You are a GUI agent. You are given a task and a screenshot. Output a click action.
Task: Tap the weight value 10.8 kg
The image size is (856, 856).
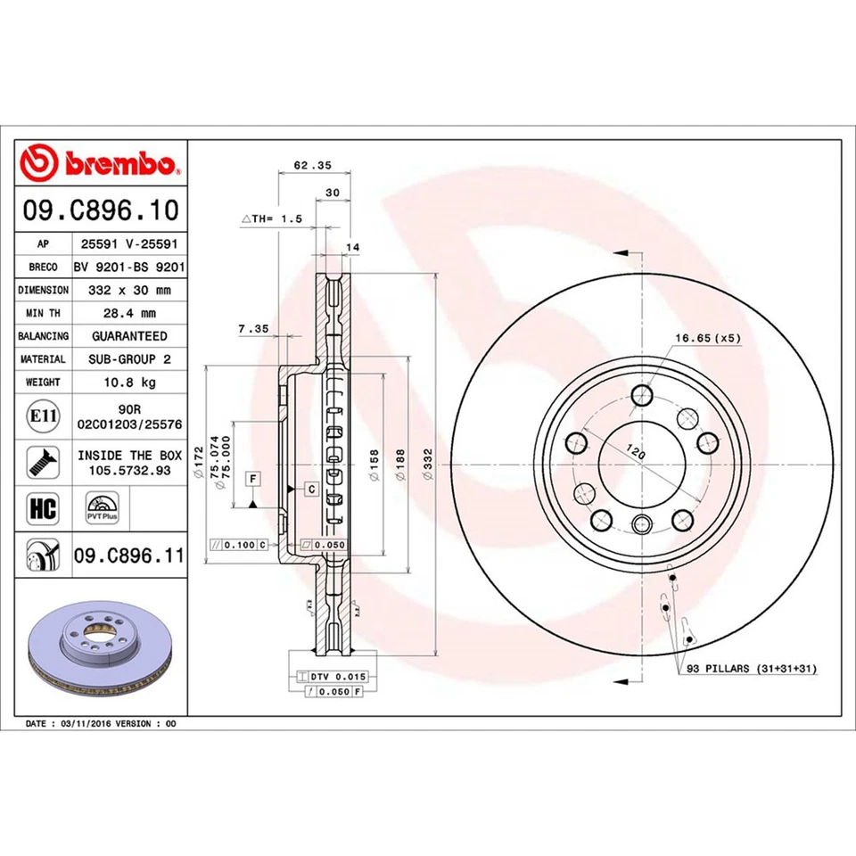[129, 382]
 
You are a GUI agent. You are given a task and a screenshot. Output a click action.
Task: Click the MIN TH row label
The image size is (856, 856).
[43, 313]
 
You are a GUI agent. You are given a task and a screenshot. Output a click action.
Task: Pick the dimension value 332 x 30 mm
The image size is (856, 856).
[129, 290]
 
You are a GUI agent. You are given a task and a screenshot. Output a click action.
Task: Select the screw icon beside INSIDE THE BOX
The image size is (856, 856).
[40, 462]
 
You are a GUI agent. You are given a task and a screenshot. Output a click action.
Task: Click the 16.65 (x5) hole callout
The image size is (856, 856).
[708, 338]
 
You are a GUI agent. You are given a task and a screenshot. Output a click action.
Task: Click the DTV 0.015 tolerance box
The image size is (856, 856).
[329, 678]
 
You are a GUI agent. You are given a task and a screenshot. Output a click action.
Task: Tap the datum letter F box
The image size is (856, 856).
[254, 480]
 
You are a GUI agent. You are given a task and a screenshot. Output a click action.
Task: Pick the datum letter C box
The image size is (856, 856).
[312, 489]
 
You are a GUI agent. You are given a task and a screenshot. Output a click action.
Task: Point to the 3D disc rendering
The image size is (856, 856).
[99, 652]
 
